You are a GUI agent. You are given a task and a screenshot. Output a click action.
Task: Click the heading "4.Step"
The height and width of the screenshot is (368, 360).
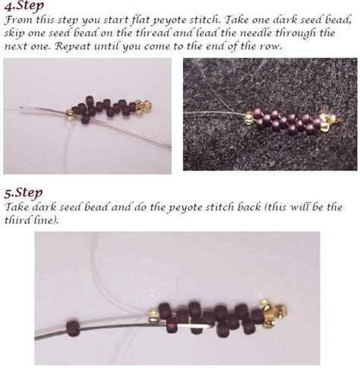pos(24,5)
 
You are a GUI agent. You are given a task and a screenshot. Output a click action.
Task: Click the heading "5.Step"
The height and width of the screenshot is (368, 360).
pos(24,193)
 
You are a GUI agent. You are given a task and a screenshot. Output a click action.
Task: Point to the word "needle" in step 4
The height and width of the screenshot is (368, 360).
pos(256,33)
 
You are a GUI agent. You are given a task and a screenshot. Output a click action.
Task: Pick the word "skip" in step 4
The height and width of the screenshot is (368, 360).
pos(14,33)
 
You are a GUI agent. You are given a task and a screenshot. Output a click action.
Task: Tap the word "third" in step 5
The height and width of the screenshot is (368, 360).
pos(17,220)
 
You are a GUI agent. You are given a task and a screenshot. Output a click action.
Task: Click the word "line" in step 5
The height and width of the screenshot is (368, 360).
pos(44,220)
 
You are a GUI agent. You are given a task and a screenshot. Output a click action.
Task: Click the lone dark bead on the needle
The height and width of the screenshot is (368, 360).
pos(73,328)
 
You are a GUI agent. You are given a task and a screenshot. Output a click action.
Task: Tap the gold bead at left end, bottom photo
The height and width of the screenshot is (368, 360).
pos(153,316)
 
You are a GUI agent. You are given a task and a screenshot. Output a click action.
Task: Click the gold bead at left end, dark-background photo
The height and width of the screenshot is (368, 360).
pos(248,118)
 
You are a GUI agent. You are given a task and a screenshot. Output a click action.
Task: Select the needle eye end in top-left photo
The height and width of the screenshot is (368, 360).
pos(21,109)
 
